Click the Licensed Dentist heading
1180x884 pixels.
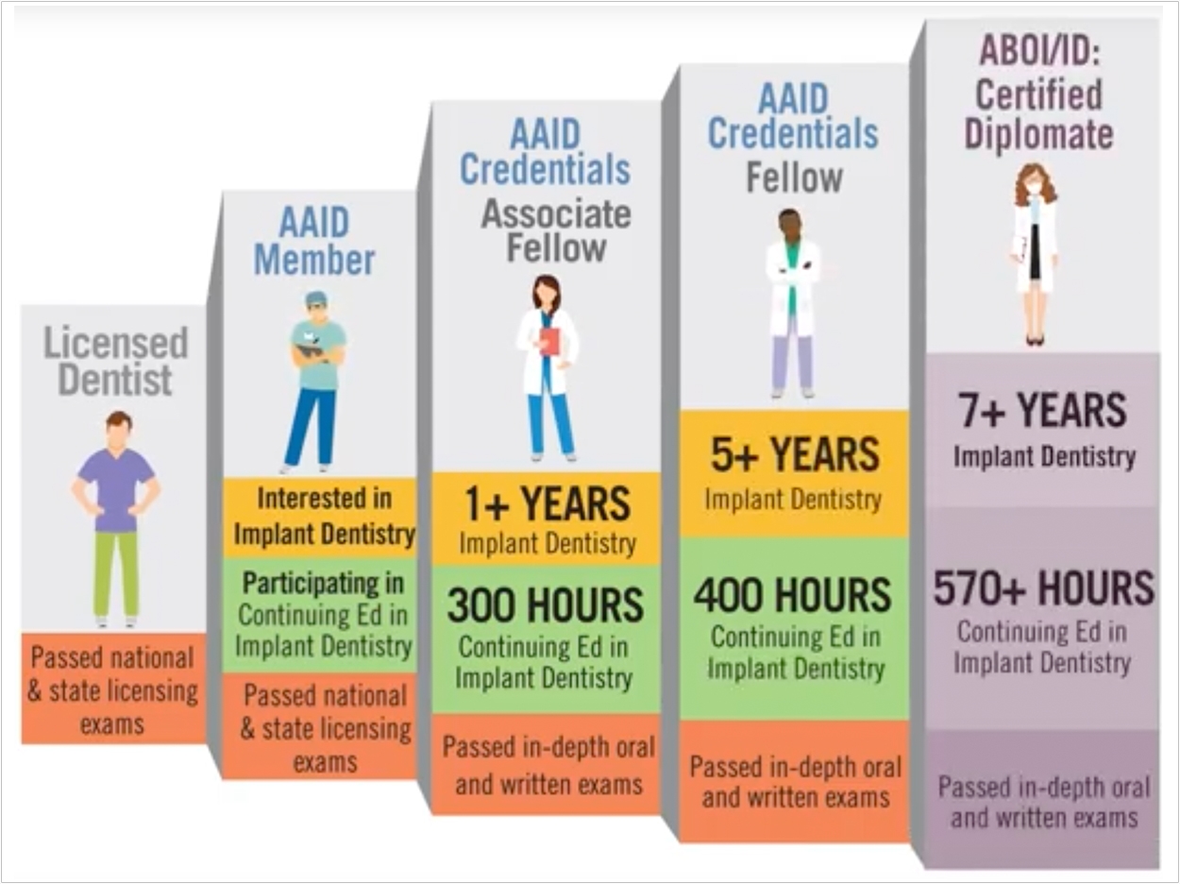[x=115, y=362]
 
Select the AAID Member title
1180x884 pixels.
[x=314, y=241]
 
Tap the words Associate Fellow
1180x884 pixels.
[x=556, y=231]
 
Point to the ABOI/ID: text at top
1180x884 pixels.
[x=1039, y=52]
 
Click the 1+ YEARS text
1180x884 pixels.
[x=548, y=503]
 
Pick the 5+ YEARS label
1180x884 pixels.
[x=795, y=455]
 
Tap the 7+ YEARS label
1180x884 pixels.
[x=1042, y=410]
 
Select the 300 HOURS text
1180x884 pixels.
[x=545, y=605]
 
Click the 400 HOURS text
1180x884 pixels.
[x=792, y=595]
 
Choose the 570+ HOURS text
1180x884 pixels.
[x=1043, y=588]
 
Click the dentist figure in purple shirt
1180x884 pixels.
[x=116, y=519]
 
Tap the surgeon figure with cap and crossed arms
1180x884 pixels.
[x=314, y=382]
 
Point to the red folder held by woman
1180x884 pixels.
[x=550, y=342]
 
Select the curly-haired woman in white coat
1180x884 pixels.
[x=1036, y=254]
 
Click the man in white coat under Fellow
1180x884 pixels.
[x=794, y=303]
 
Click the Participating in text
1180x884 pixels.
[x=323, y=584]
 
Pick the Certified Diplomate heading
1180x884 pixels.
[x=1038, y=114]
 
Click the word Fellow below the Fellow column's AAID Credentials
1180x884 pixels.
[x=795, y=178]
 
